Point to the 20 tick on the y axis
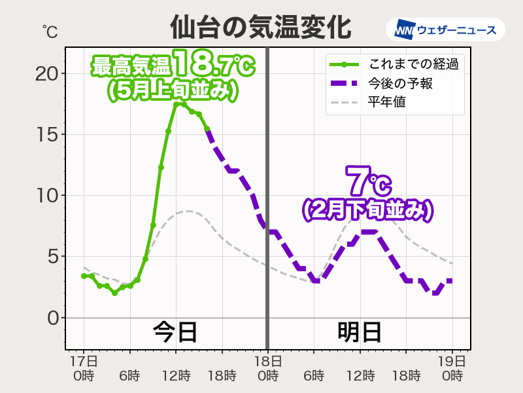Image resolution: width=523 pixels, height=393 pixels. [x=46, y=73]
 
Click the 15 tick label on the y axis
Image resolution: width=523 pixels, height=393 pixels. [x=46, y=134]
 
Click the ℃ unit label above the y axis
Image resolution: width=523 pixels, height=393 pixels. [x=49, y=30]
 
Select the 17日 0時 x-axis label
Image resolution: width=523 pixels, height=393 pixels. [x=84, y=368]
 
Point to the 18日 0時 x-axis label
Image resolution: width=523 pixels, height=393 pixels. [x=267, y=368]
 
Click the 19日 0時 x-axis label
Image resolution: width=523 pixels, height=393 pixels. [x=451, y=368]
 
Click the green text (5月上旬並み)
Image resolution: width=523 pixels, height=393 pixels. [x=172, y=90]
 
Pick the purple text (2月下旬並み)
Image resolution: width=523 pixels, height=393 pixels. [x=368, y=210]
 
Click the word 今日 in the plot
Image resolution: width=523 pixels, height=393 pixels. [x=175, y=332]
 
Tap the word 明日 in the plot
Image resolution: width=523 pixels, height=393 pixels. [x=360, y=332]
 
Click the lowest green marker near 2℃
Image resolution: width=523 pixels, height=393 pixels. [x=114, y=293]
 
